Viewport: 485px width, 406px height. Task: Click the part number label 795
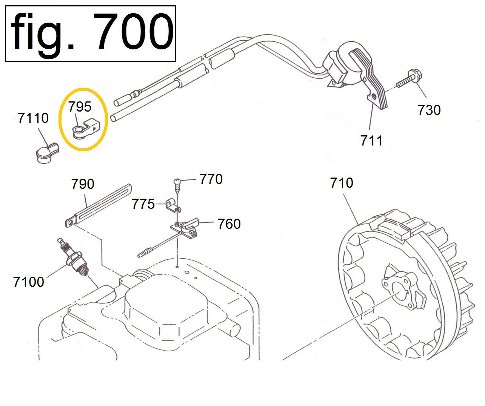tap(80, 107)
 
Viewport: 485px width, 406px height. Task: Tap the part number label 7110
tap(33, 118)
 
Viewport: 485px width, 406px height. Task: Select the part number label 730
tap(429, 110)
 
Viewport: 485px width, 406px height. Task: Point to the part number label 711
tap(371, 141)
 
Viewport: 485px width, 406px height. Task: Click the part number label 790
tap(83, 184)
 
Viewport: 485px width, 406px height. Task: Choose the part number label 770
tap(211, 179)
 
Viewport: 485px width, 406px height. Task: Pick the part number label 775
tap(143, 204)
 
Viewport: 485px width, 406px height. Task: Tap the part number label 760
tap(229, 224)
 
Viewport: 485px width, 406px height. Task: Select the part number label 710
tap(342, 183)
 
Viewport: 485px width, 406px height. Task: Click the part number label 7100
tap(29, 282)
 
